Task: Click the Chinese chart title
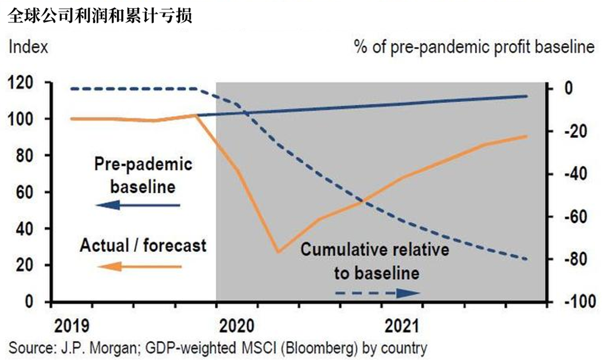click(100, 15)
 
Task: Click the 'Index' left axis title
click(28, 47)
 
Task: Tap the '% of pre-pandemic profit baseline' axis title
click(474, 47)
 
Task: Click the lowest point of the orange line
click(279, 252)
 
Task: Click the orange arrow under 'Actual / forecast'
click(139, 267)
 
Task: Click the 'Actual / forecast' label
click(143, 246)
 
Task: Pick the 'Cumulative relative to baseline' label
click(376, 261)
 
